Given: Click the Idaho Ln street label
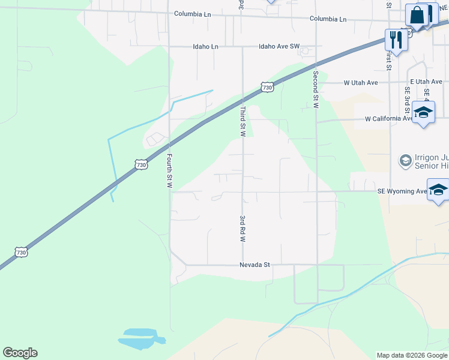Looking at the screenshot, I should point(205,46).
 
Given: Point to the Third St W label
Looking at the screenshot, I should point(243,121).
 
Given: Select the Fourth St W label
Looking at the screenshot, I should point(169,172).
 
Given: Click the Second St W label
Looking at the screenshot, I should point(315,90).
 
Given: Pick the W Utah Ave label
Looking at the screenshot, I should point(360,83).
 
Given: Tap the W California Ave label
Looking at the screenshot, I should point(389,119).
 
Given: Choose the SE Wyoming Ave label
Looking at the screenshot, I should point(402,191).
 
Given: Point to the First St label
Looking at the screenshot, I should point(389,59).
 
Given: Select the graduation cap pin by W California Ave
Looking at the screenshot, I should point(423,112).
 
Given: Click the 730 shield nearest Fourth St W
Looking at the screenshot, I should point(140,164).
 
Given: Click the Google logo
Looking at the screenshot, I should point(20,353).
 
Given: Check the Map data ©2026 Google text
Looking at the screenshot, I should point(411,355).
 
